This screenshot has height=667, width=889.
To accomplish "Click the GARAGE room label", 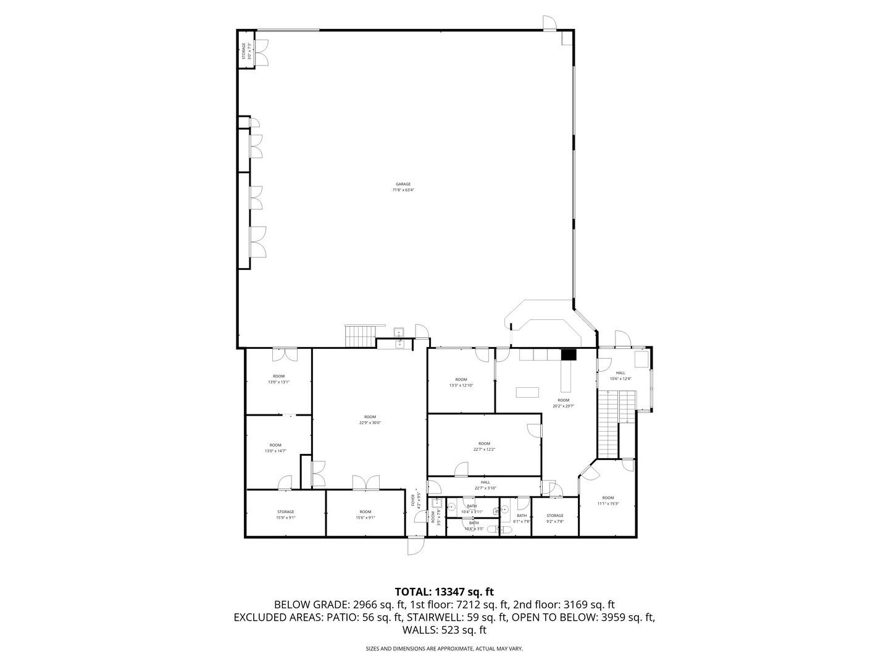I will pos(403,187).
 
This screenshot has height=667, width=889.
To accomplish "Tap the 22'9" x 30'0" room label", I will pos(370,420).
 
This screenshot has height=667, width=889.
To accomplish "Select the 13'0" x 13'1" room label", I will pos(278,379).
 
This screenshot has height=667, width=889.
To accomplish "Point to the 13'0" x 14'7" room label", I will pos(275,448).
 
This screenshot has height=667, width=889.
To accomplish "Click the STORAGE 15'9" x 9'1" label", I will pos(286,514).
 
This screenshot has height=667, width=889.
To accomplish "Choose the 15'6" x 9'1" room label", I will pos(365,514).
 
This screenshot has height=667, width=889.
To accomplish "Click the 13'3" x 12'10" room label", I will pos(461,382).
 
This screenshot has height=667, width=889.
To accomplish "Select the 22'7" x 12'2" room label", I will pos(484,446).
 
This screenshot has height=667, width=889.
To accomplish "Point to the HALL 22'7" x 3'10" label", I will pos(485,485).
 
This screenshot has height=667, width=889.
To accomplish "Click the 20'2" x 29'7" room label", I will pos(564,403).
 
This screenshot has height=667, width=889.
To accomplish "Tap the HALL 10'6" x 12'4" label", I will pos(620,375).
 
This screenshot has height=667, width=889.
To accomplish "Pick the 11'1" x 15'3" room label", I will pos(608,500).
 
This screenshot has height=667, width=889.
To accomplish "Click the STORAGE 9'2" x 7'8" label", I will pos(555,518).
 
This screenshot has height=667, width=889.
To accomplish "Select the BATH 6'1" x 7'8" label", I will pos(522,518).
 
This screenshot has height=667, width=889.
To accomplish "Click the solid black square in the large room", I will pos(568,354).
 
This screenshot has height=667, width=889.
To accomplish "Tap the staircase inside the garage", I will pos(360,336).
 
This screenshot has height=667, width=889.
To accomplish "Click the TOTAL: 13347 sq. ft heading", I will pos(444,592).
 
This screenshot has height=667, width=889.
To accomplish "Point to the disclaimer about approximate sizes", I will pos(444,649).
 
